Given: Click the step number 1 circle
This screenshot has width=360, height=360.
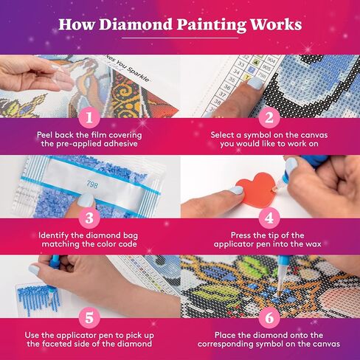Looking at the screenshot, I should coord(90,117).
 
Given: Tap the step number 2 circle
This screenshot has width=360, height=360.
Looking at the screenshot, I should coord(269,117).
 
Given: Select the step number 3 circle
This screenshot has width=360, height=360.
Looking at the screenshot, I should coord(90,218).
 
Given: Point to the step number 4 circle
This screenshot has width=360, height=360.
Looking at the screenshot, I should coord(269,218).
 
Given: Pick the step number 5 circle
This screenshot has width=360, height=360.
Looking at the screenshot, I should coord(90,317).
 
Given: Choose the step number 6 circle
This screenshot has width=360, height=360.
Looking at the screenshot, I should coord(269,317).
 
